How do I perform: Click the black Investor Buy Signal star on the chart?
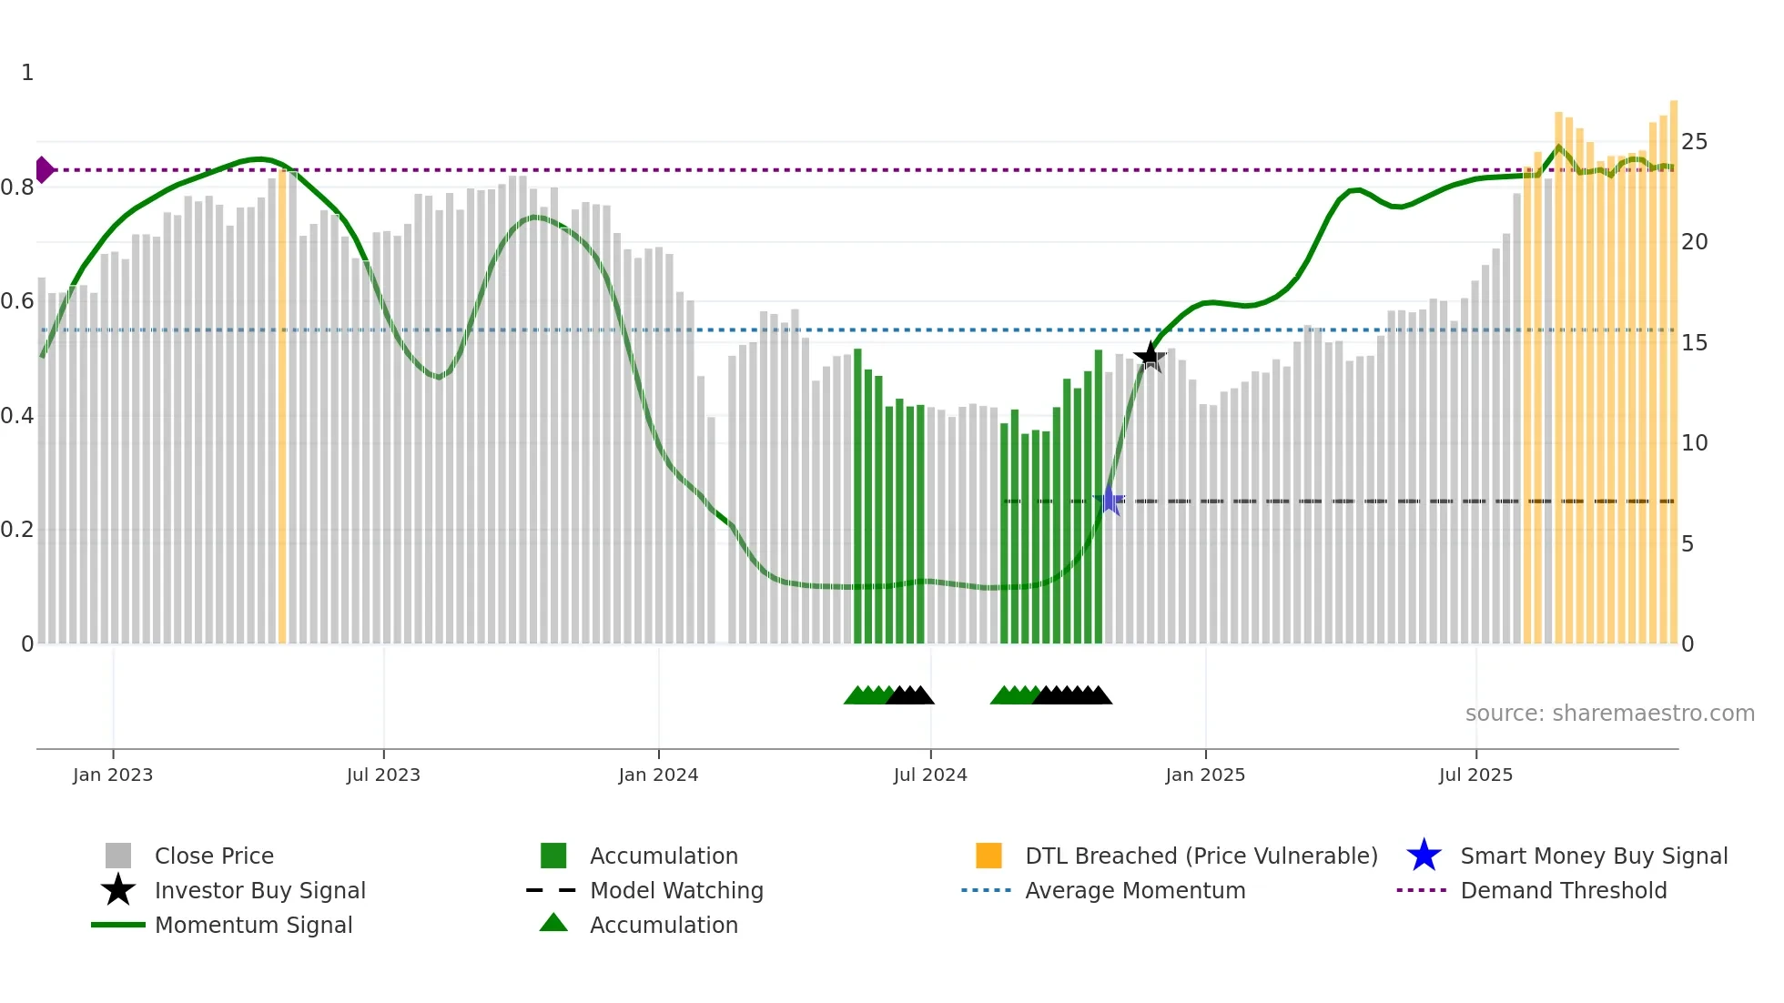click(x=1150, y=357)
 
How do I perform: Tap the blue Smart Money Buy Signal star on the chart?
click(x=1109, y=500)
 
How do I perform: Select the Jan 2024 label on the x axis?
click(x=658, y=775)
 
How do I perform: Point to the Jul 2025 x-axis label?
click(x=1475, y=775)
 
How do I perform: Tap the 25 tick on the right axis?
click(x=1694, y=142)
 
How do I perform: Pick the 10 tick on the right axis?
click(x=1694, y=443)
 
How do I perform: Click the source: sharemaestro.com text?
click(x=1609, y=714)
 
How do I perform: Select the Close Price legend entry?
click(x=213, y=856)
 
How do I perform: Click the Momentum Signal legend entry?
click(x=253, y=925)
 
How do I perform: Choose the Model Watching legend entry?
click(x=675, y=890)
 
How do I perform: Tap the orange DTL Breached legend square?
click(x=988, y=856)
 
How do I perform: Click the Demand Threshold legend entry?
click(x=1563, y=890)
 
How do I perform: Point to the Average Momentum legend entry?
click(x=1134, y=890)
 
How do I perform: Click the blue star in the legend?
click(x=1424, y=856)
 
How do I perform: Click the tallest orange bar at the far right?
click(x=1673, y=373)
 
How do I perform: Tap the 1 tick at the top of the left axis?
click(x=27, y=73)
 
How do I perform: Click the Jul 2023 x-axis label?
click(x=383, y=775)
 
